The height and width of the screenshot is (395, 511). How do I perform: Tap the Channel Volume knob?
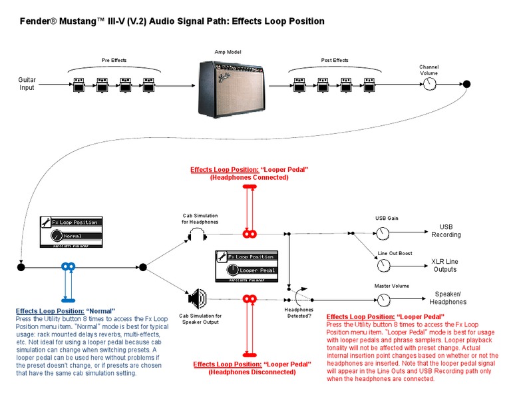(429, 84)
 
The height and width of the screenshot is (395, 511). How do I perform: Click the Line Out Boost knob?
(383, 265)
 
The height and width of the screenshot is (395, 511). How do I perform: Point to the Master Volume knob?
(383, 299)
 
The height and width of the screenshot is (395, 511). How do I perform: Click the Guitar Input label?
(27, 83)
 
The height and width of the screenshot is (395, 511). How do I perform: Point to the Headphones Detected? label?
(298, 312)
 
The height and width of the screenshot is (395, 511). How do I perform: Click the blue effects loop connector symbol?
(67, 267)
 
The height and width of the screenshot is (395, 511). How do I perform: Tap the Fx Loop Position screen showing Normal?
(69, 230)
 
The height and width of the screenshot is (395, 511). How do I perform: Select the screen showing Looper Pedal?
(251, 265)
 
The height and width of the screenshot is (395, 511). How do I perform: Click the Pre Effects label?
(114, 61)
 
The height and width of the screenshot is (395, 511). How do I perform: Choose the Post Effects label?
(335, 61)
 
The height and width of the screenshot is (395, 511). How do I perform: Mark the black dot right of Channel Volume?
(466, 84)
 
